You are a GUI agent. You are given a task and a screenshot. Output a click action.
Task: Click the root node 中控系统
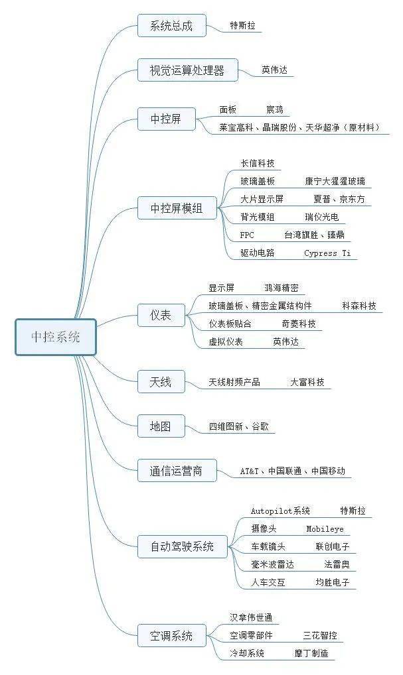pos(56,337)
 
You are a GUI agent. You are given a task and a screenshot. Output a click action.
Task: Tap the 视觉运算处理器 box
pos(187,69)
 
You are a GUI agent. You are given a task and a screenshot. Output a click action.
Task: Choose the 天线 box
pos(160,382)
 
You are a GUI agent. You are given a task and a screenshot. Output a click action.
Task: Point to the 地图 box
pos(159,426)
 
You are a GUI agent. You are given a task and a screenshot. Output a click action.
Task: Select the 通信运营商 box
pos(177,471)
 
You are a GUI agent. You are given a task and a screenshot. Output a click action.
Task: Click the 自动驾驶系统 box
pos(183,547)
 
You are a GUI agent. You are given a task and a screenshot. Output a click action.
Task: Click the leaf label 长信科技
pos(258,163)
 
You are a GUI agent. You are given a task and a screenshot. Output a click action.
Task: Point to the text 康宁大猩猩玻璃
pos(335,181)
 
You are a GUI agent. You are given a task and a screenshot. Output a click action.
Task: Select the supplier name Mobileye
pos(325,529)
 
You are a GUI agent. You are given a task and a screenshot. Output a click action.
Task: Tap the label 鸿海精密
pos(282,288)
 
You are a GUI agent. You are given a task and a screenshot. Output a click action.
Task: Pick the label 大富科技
pos(307,383)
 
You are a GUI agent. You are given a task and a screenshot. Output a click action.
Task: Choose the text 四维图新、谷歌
pos(238,427)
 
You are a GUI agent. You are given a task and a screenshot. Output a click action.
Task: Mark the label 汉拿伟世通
pos(251,617)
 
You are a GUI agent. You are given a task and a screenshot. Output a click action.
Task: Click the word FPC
pos(247,235)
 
